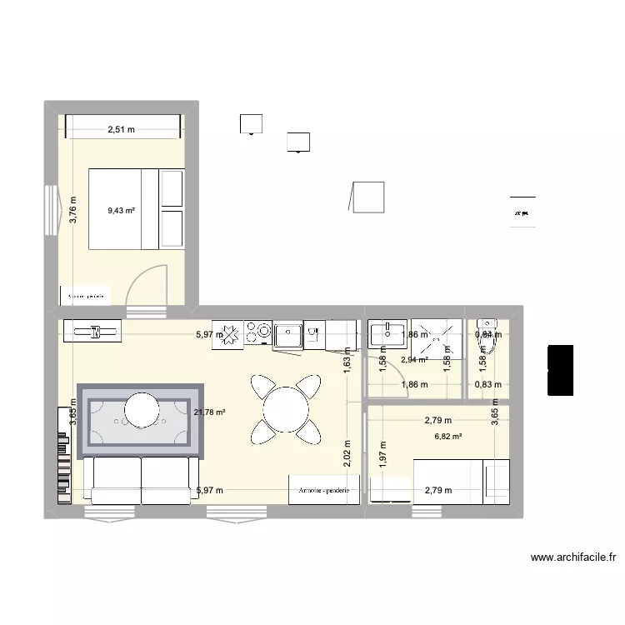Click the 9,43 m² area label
(121, 211)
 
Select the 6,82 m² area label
(447, 435)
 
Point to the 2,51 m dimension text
(121, 129)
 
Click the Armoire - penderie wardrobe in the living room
(325, 491)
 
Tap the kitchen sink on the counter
(289, 334)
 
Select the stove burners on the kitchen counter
(257, 334)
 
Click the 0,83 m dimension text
(487, 384)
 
